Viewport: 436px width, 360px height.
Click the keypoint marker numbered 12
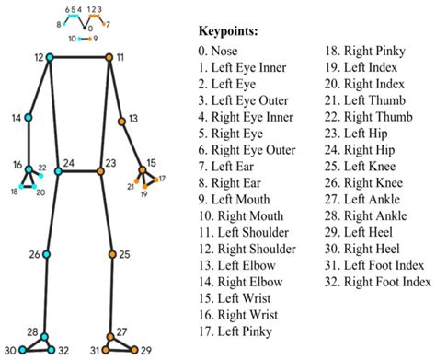click(x=50, y=57)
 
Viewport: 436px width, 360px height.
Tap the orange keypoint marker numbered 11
click(x=109, y=57)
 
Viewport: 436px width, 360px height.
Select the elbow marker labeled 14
click(x=29, y=119)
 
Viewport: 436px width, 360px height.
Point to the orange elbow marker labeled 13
click(x=121, y=120)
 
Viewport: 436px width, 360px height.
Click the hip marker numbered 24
click(x=57, y=170)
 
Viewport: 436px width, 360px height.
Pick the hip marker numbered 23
click(x=100, y=170)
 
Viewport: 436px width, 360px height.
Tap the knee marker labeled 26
click(x=44, y=254)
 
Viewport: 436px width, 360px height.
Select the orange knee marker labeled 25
click(x=111, y=254)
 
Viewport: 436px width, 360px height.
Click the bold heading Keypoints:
click(x=229, y=30)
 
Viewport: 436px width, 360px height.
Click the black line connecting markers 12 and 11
click(x=79, y=57)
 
